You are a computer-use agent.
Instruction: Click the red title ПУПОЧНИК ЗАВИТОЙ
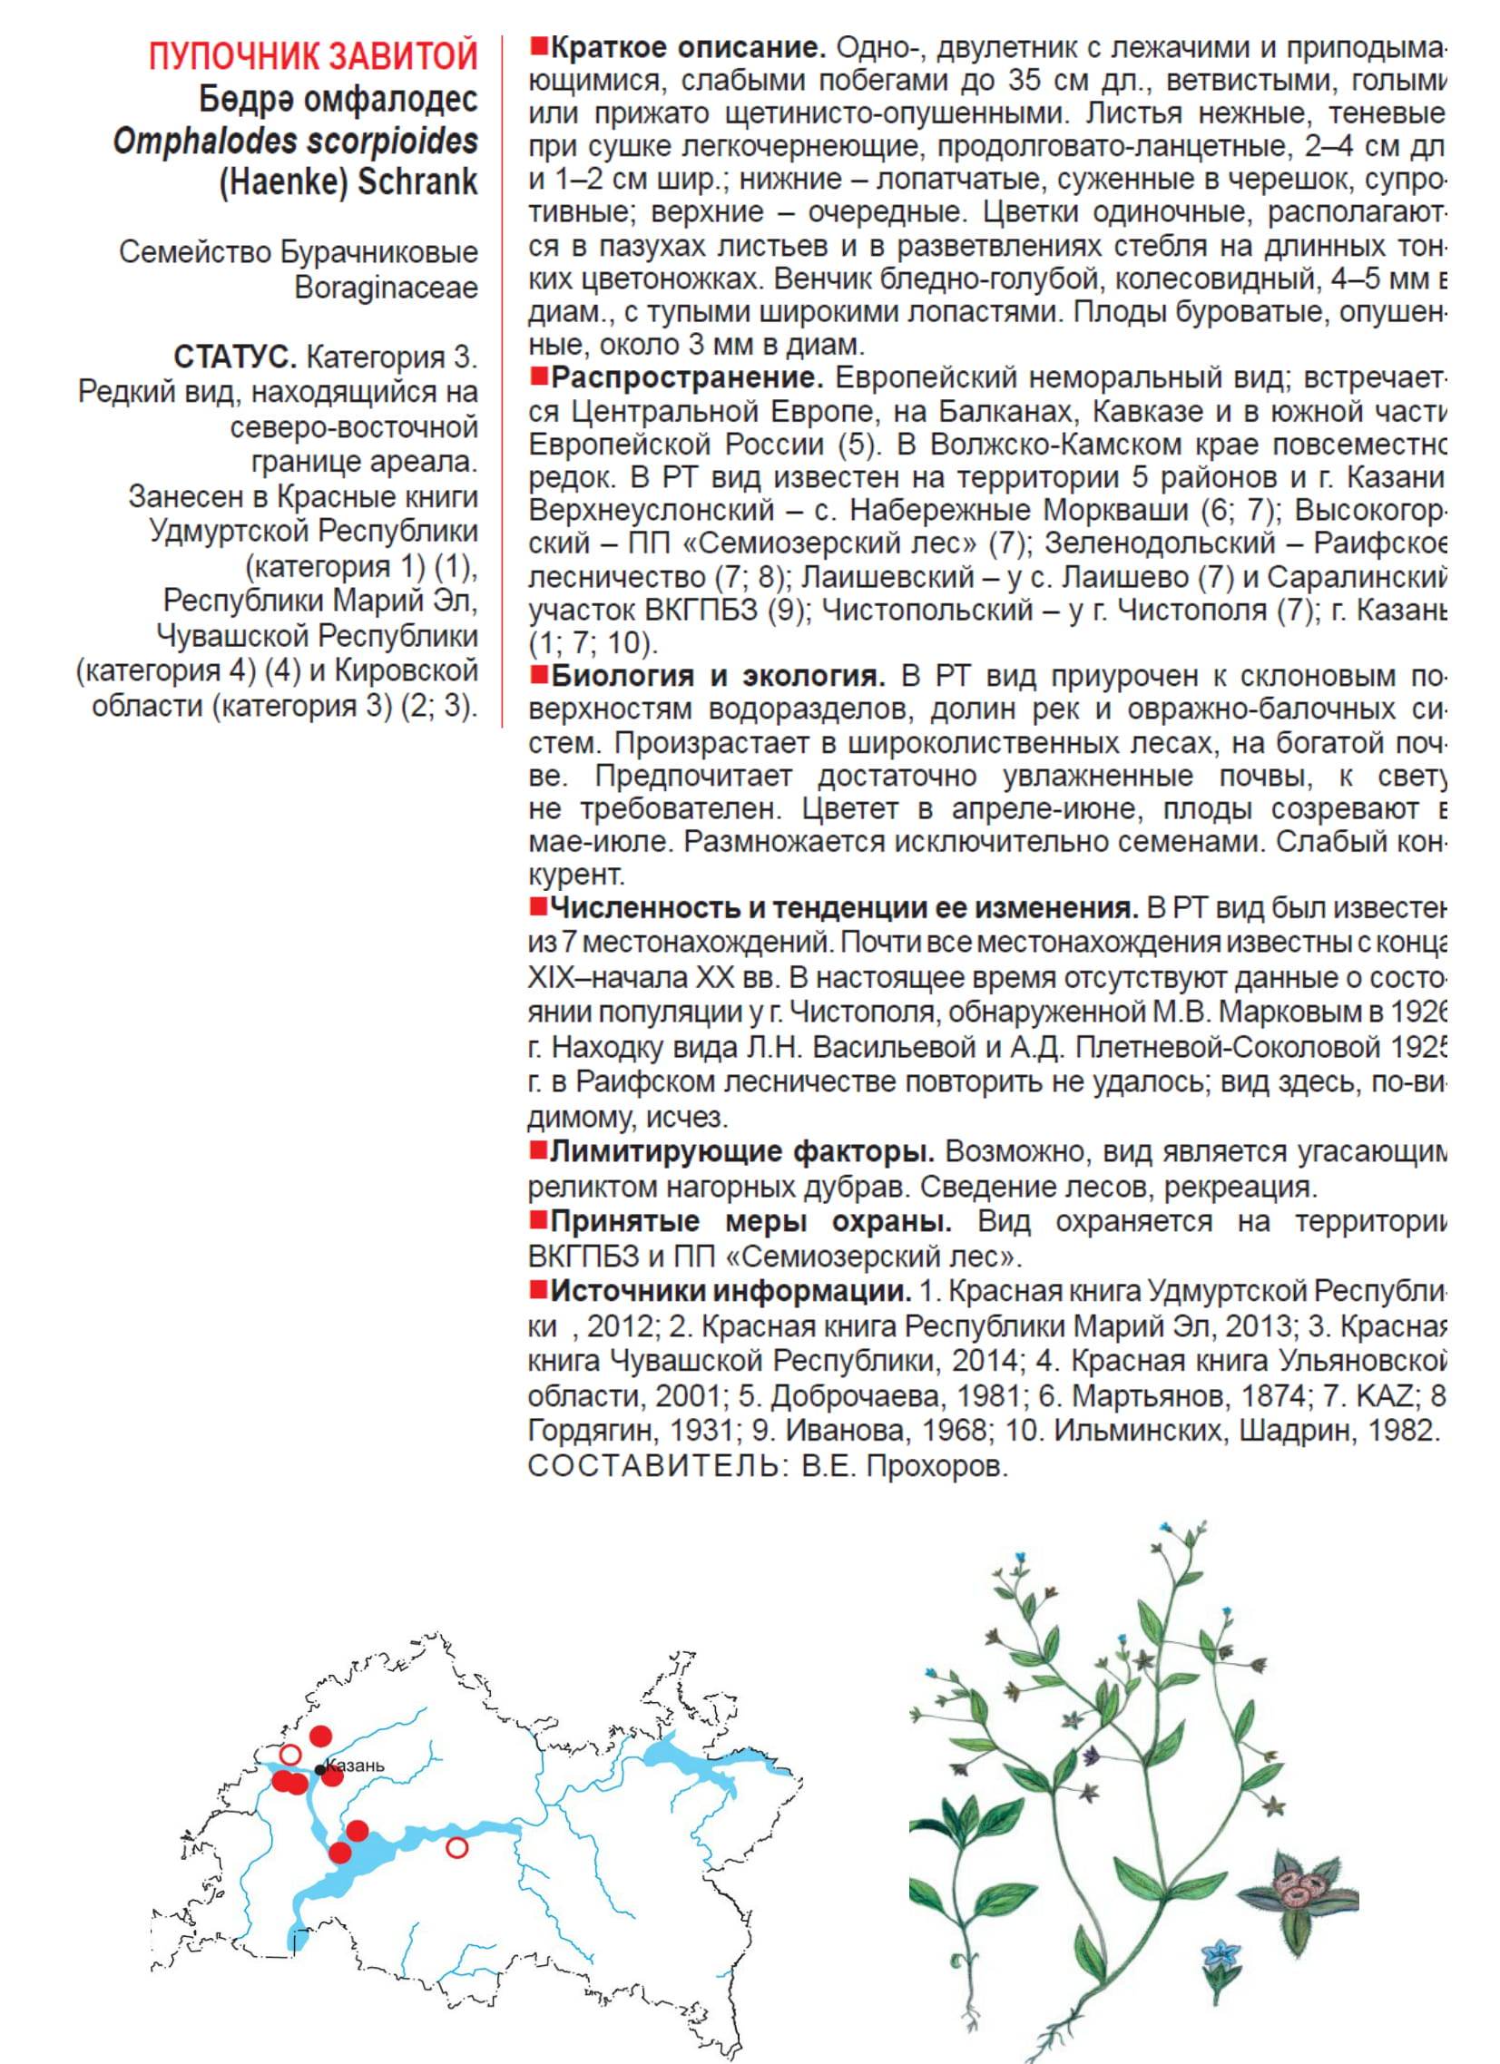[313, 56]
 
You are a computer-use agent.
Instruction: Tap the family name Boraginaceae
[386, 288]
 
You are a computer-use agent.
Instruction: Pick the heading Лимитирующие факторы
[742, 1152]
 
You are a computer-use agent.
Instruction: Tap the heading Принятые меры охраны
[752, 1220]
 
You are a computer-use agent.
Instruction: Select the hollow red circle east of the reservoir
[457, 1846]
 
